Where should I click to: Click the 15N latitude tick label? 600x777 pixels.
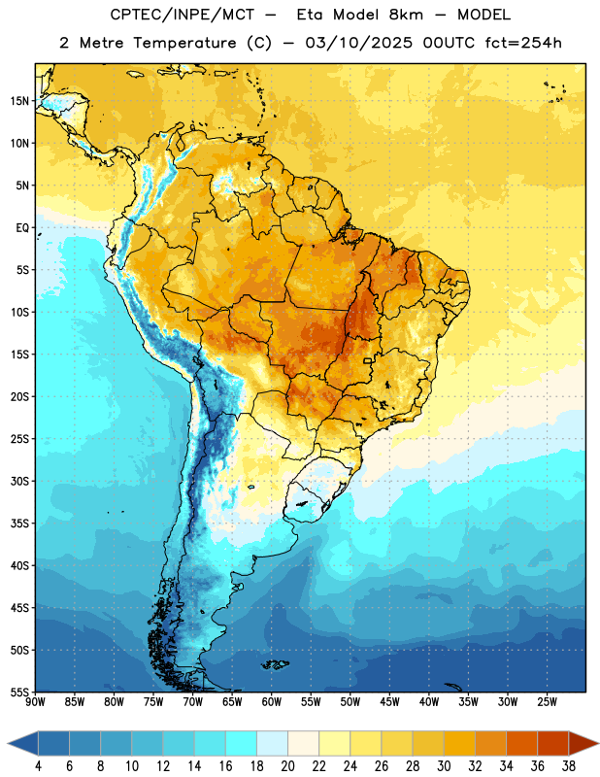[19, 101]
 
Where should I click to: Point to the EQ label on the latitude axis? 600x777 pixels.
[22, 228]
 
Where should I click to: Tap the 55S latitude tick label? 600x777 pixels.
[19, 692]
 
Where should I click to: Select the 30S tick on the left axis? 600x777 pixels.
[19, 481]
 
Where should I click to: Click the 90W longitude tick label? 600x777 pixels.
[36, 701]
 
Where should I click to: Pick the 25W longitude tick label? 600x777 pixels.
[547, 701]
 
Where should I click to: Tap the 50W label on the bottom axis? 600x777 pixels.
[350, 701]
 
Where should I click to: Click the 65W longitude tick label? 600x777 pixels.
[232, 701]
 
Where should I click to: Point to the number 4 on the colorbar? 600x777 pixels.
[38, 766]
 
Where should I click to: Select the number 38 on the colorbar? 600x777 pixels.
[569, 766]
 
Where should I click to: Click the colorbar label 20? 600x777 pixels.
[287, 766]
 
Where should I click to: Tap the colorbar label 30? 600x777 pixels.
[444, 766]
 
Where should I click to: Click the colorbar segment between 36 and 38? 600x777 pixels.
[553, 743]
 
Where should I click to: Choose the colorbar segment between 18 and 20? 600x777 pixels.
[272, 743]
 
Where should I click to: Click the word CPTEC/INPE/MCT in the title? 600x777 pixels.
[182, 15]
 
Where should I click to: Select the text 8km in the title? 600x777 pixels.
[406, 15]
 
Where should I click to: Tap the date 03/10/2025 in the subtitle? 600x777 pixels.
[358, 43]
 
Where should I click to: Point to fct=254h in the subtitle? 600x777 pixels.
[523, 43]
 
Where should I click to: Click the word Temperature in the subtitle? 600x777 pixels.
[184, 44]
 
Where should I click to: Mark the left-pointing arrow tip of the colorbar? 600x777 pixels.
[8, 743]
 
